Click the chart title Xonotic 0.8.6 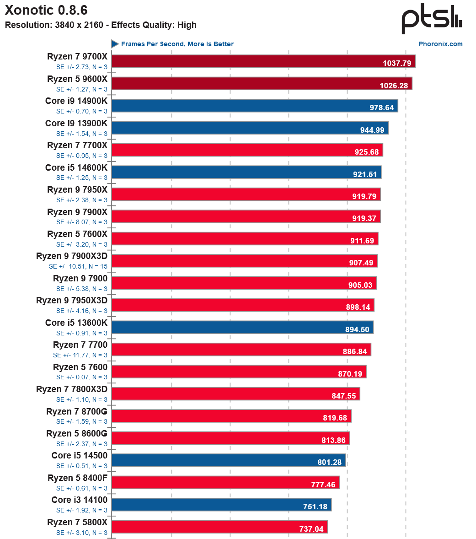(46, 10)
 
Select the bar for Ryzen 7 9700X (263, 61)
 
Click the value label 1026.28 (395, 86)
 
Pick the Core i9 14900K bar (254, 106)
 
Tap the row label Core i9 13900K (76, 123)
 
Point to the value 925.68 (366, 152)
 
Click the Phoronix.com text (440, 44)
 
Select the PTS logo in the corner (432, 19)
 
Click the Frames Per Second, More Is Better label (177, 44)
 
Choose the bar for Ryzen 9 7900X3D (244, 261)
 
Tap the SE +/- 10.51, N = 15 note (78, 266)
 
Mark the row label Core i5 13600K (76, 323)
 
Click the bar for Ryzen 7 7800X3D (235, 393)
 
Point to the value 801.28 (329, 462)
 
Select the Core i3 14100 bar (221, 505)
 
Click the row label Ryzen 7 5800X (77, 522)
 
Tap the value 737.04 (311, 529)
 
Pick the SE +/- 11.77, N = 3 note (80, 355)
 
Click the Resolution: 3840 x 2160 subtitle (101, 25)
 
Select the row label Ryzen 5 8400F (77, 478)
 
